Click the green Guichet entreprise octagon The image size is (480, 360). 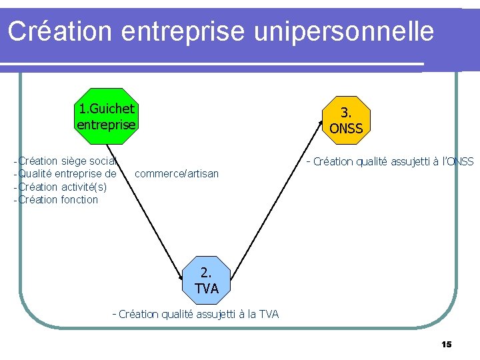tap(106, 116)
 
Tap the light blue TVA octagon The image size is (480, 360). tap(206, 279)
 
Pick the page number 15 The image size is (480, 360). tap(446, 344)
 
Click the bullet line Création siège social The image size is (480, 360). tap(67, 160)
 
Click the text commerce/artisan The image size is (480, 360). tap(176, 174)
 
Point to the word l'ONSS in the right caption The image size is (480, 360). tap(457, 161)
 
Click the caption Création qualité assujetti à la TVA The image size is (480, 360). tap(197, 314)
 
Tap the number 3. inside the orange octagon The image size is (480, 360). tap(346, 113)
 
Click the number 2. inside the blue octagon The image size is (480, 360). tap(206, 272)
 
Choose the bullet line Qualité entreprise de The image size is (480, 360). tap(67, 173)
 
